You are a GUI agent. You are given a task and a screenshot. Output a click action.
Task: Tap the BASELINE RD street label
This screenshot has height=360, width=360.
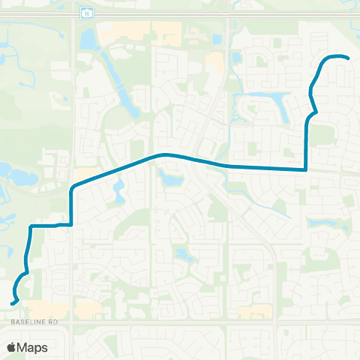34,320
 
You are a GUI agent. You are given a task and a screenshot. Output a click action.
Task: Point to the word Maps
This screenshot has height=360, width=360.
34,347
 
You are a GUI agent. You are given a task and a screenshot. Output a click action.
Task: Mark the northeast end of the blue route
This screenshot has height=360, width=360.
348,58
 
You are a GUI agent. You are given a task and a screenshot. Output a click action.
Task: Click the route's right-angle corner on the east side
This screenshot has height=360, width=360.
306,170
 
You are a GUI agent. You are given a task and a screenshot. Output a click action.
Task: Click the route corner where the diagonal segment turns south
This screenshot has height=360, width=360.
72,187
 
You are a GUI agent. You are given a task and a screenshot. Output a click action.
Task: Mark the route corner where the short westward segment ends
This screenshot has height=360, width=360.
31,226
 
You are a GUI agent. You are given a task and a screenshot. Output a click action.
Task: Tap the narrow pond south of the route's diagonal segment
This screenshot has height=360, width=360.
118,193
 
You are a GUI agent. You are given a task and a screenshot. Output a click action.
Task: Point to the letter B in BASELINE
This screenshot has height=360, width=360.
13,320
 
